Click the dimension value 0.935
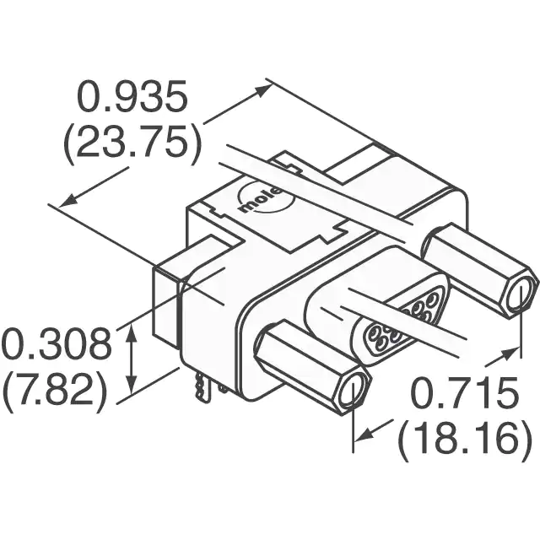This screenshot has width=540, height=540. pyautogui.click(x=132, y=96)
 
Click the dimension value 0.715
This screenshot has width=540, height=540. pyautogui.click(x=465, y=393)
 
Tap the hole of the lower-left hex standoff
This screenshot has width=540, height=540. pyautogui.click(x=351, y=391)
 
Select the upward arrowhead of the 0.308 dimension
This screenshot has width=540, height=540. pyautogui.click(x=132, y=332)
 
